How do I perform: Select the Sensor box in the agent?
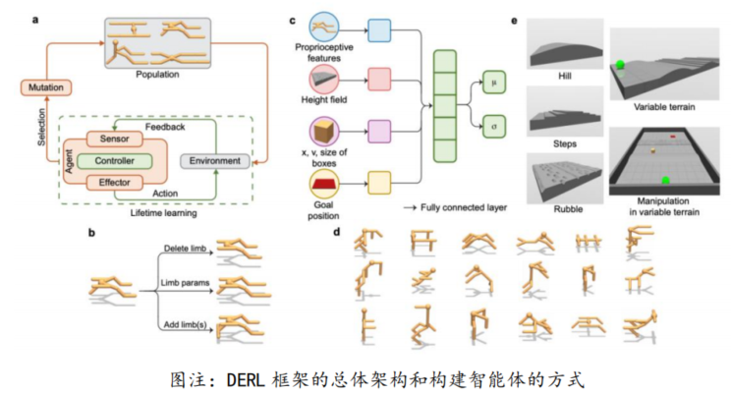[x=115, y=139]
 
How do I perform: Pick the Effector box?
[x=115, y=182]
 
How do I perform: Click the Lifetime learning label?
[x=150, y=210]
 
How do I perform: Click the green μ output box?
[x=495, y=83]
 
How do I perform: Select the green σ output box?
[x=495, y=125]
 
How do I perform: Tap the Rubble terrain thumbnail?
[x=564, y=178]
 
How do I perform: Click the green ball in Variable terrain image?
[x=621, y=67]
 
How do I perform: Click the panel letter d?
[x=337, y=232]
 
